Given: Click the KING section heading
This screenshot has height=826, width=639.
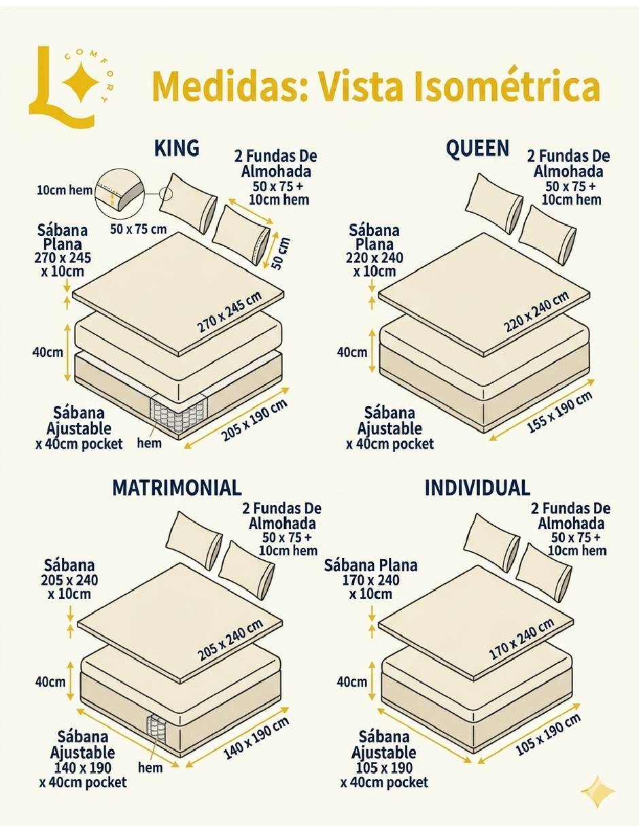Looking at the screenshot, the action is click(x=177, y=148).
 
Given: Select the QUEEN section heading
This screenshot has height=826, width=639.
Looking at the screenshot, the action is click(x=477, y=148).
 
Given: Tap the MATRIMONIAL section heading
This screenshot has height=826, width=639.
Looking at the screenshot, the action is click(x=177, y=487).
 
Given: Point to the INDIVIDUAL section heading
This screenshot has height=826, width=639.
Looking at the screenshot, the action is click(x=477, y=487).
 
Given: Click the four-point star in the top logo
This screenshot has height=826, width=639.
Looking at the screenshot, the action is click(x=81, y=82).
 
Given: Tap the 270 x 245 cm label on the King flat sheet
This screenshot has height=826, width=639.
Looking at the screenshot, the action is click(x=230, y=313).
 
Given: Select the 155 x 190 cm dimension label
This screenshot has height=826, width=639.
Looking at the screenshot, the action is click(x=560, y=412).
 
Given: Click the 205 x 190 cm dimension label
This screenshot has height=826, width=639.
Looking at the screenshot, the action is click(x=254, y=420).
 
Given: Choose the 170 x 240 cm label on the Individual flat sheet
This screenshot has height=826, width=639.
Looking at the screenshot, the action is click(x=521, y=639).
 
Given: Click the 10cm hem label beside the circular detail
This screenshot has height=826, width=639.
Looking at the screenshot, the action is click(x=65, y=190).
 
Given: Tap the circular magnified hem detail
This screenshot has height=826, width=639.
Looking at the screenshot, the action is click(x=120, y=196).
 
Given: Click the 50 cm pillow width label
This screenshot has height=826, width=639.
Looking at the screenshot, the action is click(x=281, y=253).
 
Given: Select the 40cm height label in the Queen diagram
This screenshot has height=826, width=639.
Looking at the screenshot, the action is click(x=352, y=352).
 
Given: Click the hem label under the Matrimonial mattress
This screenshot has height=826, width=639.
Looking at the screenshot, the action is click(x=150, y=768).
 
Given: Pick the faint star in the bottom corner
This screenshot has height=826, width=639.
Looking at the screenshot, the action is click(x=598, y=791).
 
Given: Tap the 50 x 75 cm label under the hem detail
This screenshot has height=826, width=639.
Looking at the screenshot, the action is click(x=138, y=229).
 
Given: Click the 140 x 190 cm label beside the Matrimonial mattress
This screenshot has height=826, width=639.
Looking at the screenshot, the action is click(x=256, y=738).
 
